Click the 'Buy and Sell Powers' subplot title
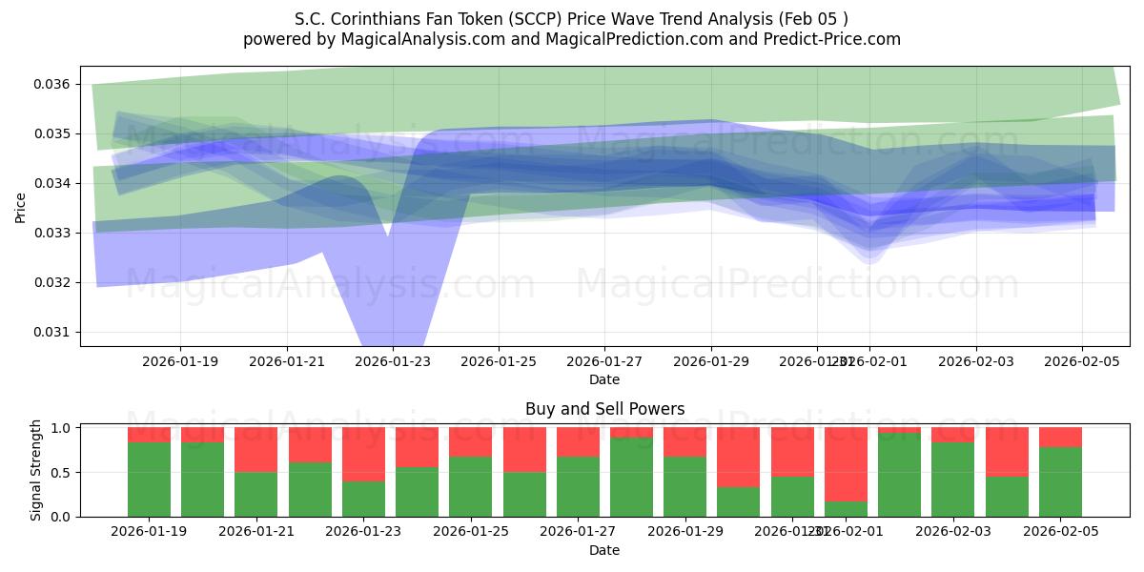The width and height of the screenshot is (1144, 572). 604,409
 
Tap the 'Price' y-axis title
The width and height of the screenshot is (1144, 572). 21,207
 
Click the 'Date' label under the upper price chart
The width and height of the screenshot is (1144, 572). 604,379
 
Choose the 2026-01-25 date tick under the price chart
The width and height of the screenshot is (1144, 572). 499,361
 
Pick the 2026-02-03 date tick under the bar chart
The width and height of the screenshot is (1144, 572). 954,532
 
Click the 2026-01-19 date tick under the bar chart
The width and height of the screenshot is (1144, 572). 149,532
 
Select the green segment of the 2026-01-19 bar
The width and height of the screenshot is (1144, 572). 149,480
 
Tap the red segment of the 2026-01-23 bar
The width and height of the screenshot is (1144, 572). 363,455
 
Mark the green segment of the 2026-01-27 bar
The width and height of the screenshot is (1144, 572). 578,486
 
